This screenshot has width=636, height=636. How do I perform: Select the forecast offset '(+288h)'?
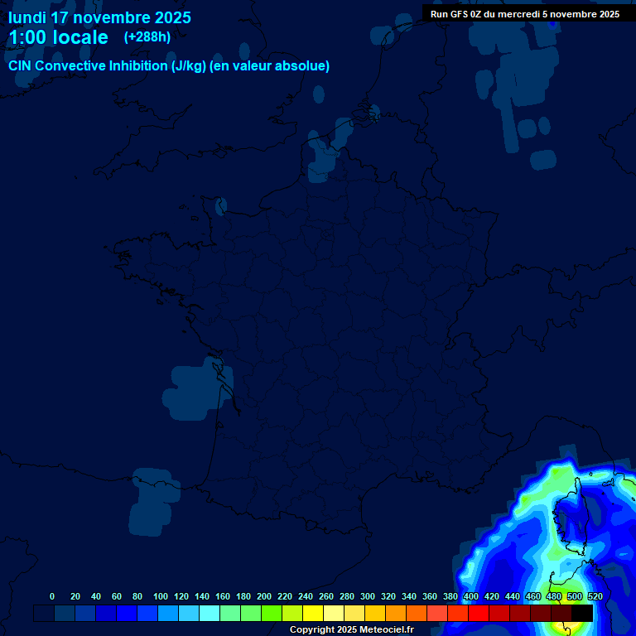click(147, 37)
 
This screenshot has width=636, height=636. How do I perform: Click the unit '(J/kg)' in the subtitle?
click(188, 66)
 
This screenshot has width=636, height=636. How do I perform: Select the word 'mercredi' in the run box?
click(521, 14)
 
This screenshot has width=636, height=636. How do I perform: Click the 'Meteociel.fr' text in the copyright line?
click(387, 630)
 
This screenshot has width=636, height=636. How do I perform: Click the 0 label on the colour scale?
click(52, 596)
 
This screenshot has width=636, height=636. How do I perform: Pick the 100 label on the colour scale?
click(161, 596)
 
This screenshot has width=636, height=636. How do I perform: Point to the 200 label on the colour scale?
click(264, 596)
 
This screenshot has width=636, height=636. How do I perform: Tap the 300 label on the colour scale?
click(368, 596)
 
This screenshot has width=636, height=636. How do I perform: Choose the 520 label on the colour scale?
click(595, 596)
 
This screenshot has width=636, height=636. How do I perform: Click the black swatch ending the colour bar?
click(582, 613)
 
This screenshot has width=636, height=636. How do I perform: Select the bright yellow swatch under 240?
click(312, 613)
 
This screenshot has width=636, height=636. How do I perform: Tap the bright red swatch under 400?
click(478, 613)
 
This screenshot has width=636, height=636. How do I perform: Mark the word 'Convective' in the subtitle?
click(69, 66)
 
